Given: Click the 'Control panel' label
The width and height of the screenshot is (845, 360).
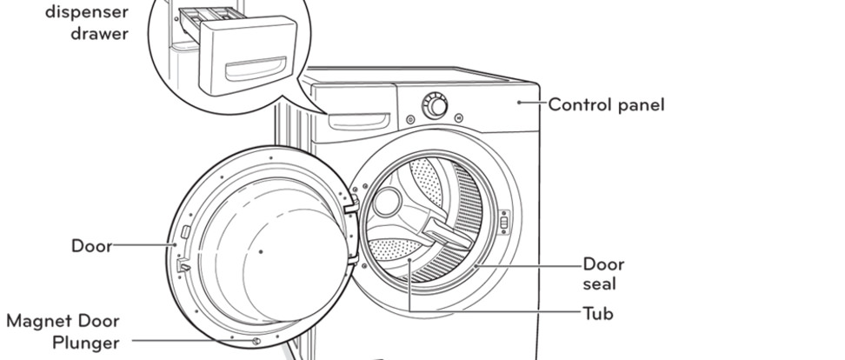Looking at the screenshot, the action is [x=606, y=104].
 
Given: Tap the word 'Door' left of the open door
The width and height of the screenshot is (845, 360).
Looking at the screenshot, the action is [x=91, y=246].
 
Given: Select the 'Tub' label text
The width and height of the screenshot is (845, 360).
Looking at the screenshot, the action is [x=598, y=313].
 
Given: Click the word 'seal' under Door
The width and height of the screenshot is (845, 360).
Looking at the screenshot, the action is [x=599, y=284].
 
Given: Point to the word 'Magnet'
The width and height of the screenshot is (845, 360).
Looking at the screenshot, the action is [x=37, y=321].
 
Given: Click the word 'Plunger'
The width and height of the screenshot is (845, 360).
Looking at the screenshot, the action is [x=86, y=343].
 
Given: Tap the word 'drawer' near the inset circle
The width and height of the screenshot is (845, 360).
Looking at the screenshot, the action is [x=99, y=33].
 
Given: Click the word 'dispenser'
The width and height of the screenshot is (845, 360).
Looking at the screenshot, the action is [x=87, y=12].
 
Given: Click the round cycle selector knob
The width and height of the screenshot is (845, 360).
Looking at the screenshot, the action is [x=435, y=105].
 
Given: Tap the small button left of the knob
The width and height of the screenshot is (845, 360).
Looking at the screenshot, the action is [x=410, y=119].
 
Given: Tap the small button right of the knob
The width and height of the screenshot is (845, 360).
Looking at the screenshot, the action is [x=459, y=117].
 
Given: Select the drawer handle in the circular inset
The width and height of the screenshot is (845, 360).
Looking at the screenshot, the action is [x=255, y=70].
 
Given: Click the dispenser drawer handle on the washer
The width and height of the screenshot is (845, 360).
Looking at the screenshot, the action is [x=359, y=122].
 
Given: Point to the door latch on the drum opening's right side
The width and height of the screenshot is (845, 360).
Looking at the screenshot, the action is [x=504, y=222].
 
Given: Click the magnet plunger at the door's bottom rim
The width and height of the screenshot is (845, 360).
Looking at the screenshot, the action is [x=256, y=341].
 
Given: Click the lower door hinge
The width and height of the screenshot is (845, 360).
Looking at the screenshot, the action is [x=352, y=261].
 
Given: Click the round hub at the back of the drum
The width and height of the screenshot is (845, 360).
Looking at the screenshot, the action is [x=387, y=203].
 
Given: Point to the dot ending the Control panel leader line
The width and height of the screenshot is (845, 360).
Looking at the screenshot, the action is [x=519, y=102].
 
